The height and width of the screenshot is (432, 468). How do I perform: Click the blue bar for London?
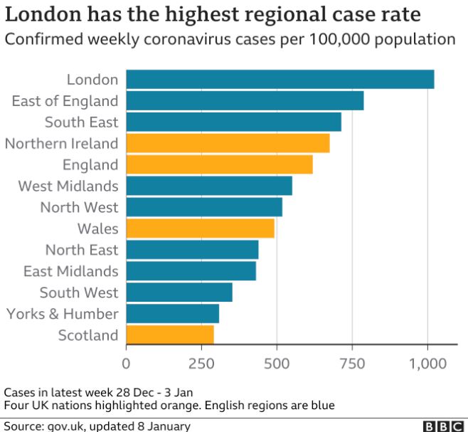pyautogui.click(x=280, y=80)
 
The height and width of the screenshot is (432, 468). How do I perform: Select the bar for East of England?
pyautogui.click(x=245, y=101)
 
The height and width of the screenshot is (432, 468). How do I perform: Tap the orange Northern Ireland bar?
pyautogui.click(x=228, y=143)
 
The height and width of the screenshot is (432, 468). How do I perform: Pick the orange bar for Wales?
pyautogui.click(x=200, y=228)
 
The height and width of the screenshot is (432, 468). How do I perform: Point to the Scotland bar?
pyautogui.click(x=170, y=334)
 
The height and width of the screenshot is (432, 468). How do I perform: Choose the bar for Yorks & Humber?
pyautogui.click(x=173, y=313)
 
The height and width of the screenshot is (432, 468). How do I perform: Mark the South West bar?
pyautogui.click(x=179, y=293)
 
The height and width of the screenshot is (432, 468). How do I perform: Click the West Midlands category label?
pyautogui.click(x=68, y=186)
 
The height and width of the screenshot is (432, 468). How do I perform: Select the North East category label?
pyautogui.click(x=82, y=250)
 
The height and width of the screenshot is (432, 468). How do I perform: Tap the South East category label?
pyautogui.click(x=81, y=122)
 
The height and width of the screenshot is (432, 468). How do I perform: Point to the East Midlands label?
pyautogui.click(x=70, y=271)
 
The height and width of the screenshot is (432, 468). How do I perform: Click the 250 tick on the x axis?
pyautogui.click(x=201, y=363)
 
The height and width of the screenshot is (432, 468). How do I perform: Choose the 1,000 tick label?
pyautogui.click(x=427, y=363)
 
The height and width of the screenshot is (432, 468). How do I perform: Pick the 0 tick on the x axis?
pyautogui.click(x=127, y=363)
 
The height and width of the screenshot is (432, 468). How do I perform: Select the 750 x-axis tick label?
pyautogui.click(x=351, y=363)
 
